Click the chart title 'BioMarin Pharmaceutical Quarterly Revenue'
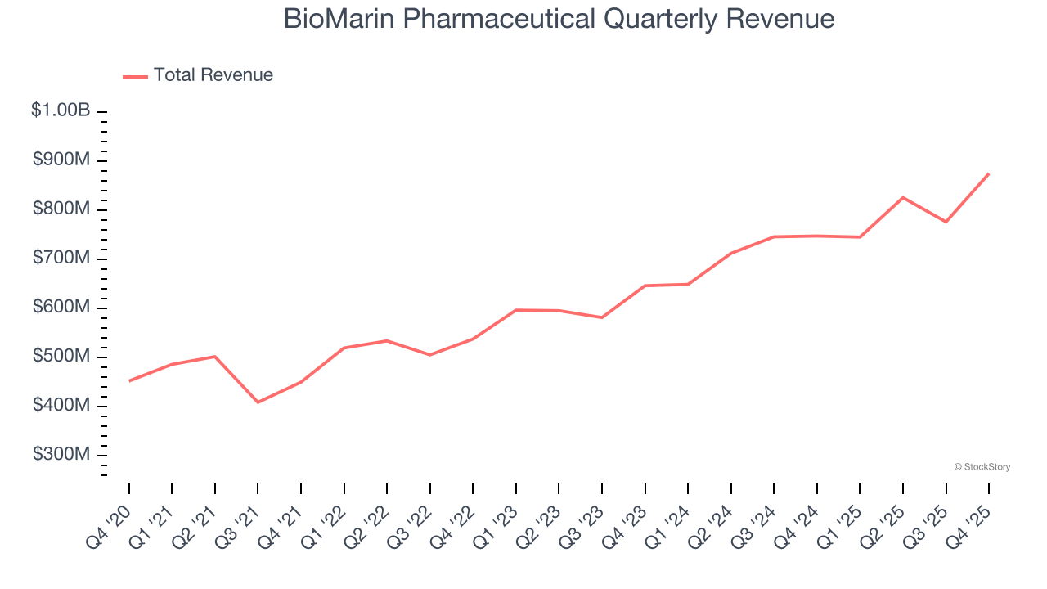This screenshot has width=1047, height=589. click(x=559, y=19)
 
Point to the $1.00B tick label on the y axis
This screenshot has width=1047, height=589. click(x=61, y=110)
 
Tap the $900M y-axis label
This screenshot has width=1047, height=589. click(x=61, y=160)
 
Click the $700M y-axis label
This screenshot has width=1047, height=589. click(x=61, y=259)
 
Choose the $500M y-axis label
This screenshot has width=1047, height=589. click(x=61, y=357)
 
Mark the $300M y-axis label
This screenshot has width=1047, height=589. click(x=61, y=455)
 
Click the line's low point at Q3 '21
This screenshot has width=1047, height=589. click(x=258, y=402)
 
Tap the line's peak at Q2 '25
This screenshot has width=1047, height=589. click(x=903, y=197)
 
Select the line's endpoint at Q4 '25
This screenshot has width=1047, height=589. click(x=989, y=173)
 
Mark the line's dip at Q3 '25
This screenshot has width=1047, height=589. click(x=946, y=222)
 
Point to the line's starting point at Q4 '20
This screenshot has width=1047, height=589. click(x=129, y=381)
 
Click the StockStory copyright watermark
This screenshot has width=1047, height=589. click(x=982, y=467)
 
